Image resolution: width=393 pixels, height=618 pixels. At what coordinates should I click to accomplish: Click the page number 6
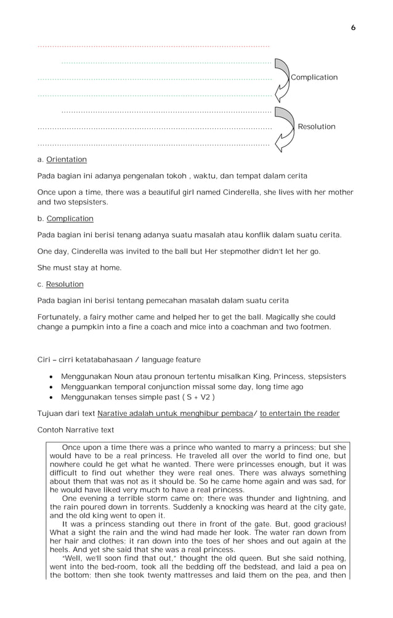click(353, 28)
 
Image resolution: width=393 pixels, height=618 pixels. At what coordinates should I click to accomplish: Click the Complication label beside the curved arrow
click(314, 78)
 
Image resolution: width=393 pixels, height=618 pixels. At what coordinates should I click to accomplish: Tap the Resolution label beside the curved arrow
click(317, 127)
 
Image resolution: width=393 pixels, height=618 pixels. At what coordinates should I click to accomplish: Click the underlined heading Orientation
click(67, 160)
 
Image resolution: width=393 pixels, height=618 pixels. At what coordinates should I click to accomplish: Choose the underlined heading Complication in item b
click(70, 219)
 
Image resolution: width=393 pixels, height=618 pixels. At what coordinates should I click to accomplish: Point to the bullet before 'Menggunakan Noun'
click(50, 376)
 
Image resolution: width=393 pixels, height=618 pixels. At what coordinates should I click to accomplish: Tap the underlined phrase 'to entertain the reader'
click(299, 413)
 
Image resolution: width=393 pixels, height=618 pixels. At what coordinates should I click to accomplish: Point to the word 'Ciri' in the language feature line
click(44, 360)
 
